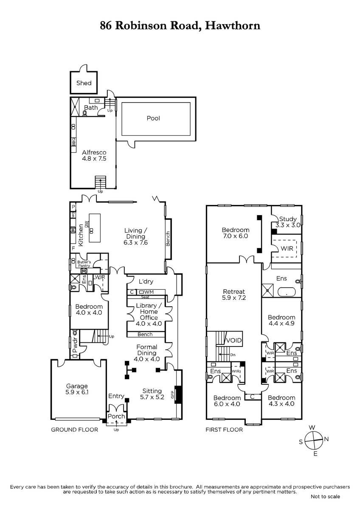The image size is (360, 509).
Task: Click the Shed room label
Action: [x=84, y=83]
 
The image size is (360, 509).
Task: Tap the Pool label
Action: [x=153, y=118]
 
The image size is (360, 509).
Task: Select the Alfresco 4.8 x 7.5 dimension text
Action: [x=94, y=159]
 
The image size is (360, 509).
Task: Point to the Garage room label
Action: [x=77, y=386]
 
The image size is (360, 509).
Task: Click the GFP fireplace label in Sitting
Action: [x=172, y=394]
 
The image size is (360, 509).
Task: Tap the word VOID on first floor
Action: [x=234, y=340]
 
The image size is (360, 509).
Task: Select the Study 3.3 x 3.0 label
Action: [x=288, y=222]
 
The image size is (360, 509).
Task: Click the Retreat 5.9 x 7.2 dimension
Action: [x=234, y=298]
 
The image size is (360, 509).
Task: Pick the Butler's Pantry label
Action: [x=84, y=264]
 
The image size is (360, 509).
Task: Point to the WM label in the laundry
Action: [x=149, y=292]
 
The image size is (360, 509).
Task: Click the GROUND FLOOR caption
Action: [x=75, y=430]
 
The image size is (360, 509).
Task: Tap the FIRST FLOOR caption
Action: [x=224, y=430]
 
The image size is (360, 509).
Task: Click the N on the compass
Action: [x=326, y=439]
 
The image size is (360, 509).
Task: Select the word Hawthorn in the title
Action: [x=233, y=25]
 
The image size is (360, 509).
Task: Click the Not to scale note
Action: [x=326, y=497]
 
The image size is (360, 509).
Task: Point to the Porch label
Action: [x=116, y=416]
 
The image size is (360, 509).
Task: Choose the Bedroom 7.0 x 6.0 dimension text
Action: [x=235, y=236]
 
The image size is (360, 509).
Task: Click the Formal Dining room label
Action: [x=147, y=350]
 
